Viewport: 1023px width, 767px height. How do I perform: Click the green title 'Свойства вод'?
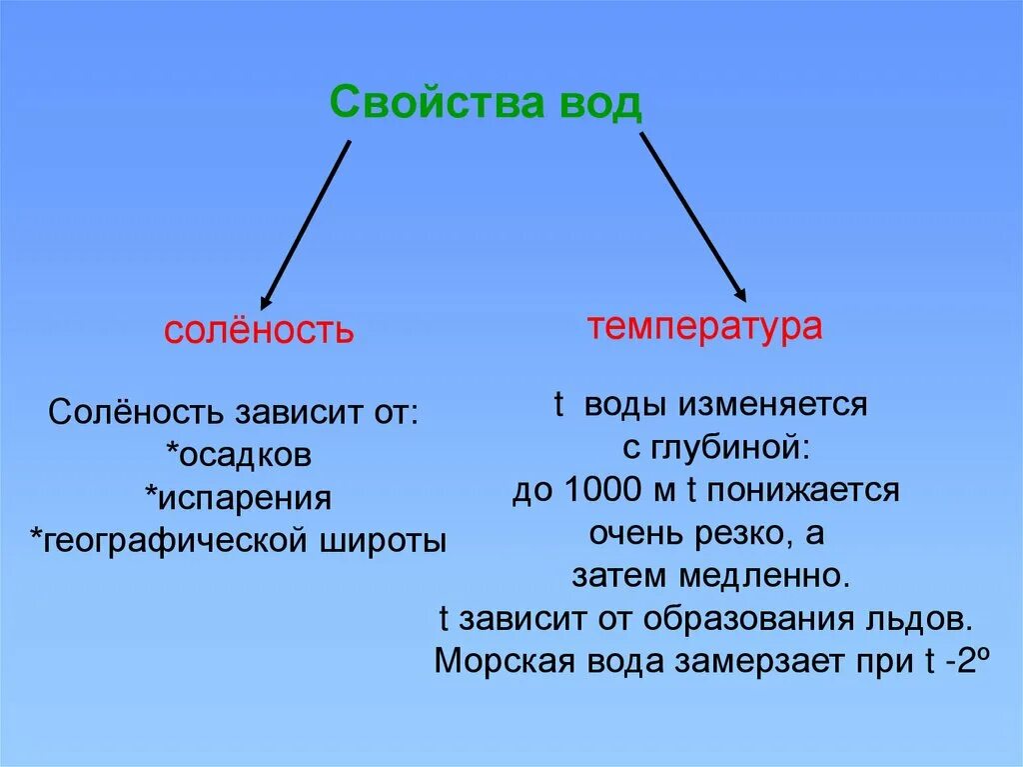486,102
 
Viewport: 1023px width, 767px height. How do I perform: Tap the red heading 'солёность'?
259,331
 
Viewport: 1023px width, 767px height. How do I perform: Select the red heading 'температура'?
705,327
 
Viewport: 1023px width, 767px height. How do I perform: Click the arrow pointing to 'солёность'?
305,225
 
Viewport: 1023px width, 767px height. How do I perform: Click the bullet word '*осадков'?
239,455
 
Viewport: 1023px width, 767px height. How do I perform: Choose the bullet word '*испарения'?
238,498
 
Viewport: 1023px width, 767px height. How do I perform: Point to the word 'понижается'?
805,491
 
